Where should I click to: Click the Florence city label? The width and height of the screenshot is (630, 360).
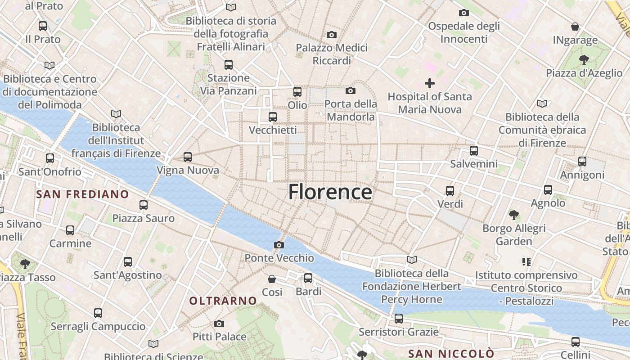point(330,192)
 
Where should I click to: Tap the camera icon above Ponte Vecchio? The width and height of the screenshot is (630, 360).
point(279,245)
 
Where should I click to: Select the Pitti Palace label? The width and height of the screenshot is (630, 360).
point(219,337)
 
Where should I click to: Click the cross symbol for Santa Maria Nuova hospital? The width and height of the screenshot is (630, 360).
point(430,83)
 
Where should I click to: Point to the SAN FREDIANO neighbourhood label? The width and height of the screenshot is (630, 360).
point(82,194)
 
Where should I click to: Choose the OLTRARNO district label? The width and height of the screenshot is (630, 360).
point(223,301)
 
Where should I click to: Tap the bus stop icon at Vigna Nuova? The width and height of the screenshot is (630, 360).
point(188,157)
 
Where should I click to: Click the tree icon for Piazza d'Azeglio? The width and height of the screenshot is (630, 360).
point(584,59)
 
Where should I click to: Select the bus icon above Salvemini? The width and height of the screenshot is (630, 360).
point(473,151)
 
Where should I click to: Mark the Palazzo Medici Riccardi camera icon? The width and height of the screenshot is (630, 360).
point(332,35)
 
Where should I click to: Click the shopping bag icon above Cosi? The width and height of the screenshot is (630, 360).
point(272,279)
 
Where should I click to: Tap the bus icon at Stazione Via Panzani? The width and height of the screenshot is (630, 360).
point(229,65)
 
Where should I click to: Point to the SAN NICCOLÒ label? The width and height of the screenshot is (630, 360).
point(451,353)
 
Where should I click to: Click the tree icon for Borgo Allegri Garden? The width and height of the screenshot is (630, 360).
point(513,215)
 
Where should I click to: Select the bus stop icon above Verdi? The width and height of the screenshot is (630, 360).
point(450,191)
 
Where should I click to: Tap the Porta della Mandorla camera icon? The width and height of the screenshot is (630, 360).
point(351,91)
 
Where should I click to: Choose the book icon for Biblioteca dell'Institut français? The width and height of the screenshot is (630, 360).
point(116,114)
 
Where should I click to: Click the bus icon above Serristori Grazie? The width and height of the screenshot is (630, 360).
point(398,319)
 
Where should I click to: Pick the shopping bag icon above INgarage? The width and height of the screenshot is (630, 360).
point(575,27)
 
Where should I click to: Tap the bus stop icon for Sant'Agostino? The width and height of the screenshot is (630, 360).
point(128,262)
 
